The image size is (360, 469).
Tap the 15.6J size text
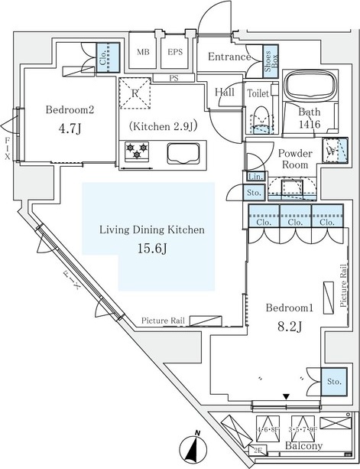(150, 248)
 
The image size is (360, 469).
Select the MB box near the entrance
(143, 53)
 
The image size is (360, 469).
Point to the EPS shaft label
(175, 53)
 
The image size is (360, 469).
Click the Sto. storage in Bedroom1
(332, 382)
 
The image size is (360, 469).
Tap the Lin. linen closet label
(254, 178)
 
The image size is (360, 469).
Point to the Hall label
(225, 93)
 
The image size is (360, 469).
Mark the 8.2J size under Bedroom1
(284, 328)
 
